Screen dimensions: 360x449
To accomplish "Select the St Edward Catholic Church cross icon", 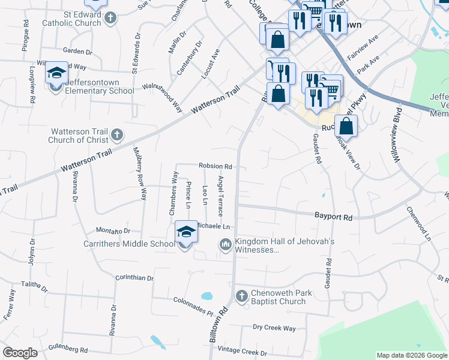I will [109, 18].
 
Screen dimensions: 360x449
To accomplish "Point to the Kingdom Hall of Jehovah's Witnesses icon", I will [226, 244].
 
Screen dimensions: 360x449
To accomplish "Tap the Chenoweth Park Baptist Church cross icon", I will [241, 296].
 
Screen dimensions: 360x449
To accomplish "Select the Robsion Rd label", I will [215, 166].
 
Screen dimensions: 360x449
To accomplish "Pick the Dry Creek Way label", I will [274, 328].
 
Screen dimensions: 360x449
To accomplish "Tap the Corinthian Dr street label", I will [134, 278].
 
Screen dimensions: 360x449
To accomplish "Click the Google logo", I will [20, 353].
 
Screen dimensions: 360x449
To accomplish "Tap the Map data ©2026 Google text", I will [411, 355].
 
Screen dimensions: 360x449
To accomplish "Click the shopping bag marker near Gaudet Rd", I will [346, 127].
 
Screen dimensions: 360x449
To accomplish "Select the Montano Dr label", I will [113, 231].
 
